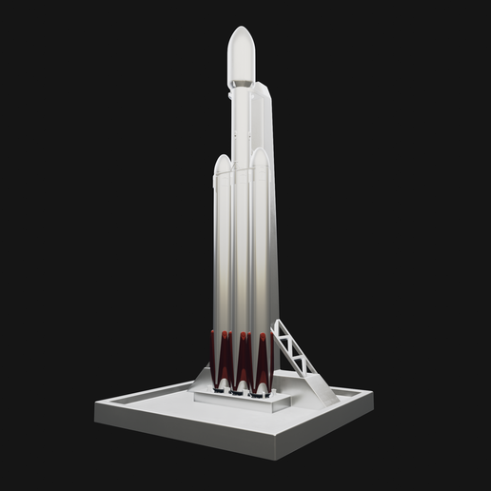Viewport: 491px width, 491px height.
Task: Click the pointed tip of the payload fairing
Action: [240, 29]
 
